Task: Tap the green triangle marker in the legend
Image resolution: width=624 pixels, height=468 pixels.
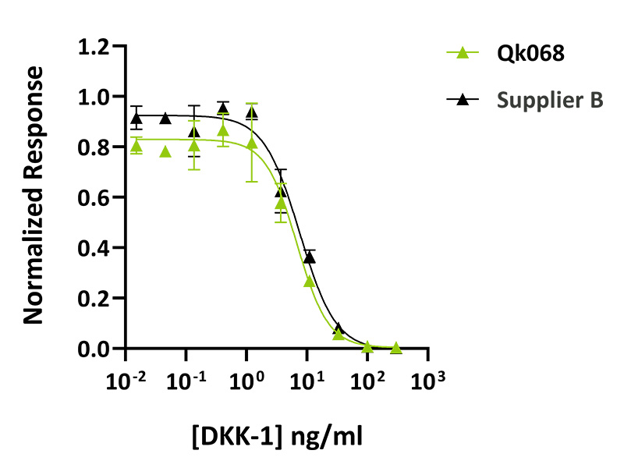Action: click(x=462, y=54)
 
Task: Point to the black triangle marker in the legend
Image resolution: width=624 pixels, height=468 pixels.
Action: click(x=462, y=100)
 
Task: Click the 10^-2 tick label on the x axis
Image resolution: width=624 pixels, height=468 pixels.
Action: click(x=126, y=381)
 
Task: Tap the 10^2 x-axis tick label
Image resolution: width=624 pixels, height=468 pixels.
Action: click(x=367, y=381)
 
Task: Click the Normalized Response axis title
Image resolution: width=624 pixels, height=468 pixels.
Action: click(x=33, y=196)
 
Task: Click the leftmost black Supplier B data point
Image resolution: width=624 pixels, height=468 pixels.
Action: click(x=136, y=119)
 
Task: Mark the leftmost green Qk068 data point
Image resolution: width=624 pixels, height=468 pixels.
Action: click(x=136, y=146)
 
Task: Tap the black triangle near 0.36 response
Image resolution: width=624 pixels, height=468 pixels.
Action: click(x=309, y=257)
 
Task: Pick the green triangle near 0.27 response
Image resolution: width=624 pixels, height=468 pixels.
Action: click(x=309, y=281)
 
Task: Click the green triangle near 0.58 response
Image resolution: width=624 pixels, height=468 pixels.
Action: click(x=281, y=203)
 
